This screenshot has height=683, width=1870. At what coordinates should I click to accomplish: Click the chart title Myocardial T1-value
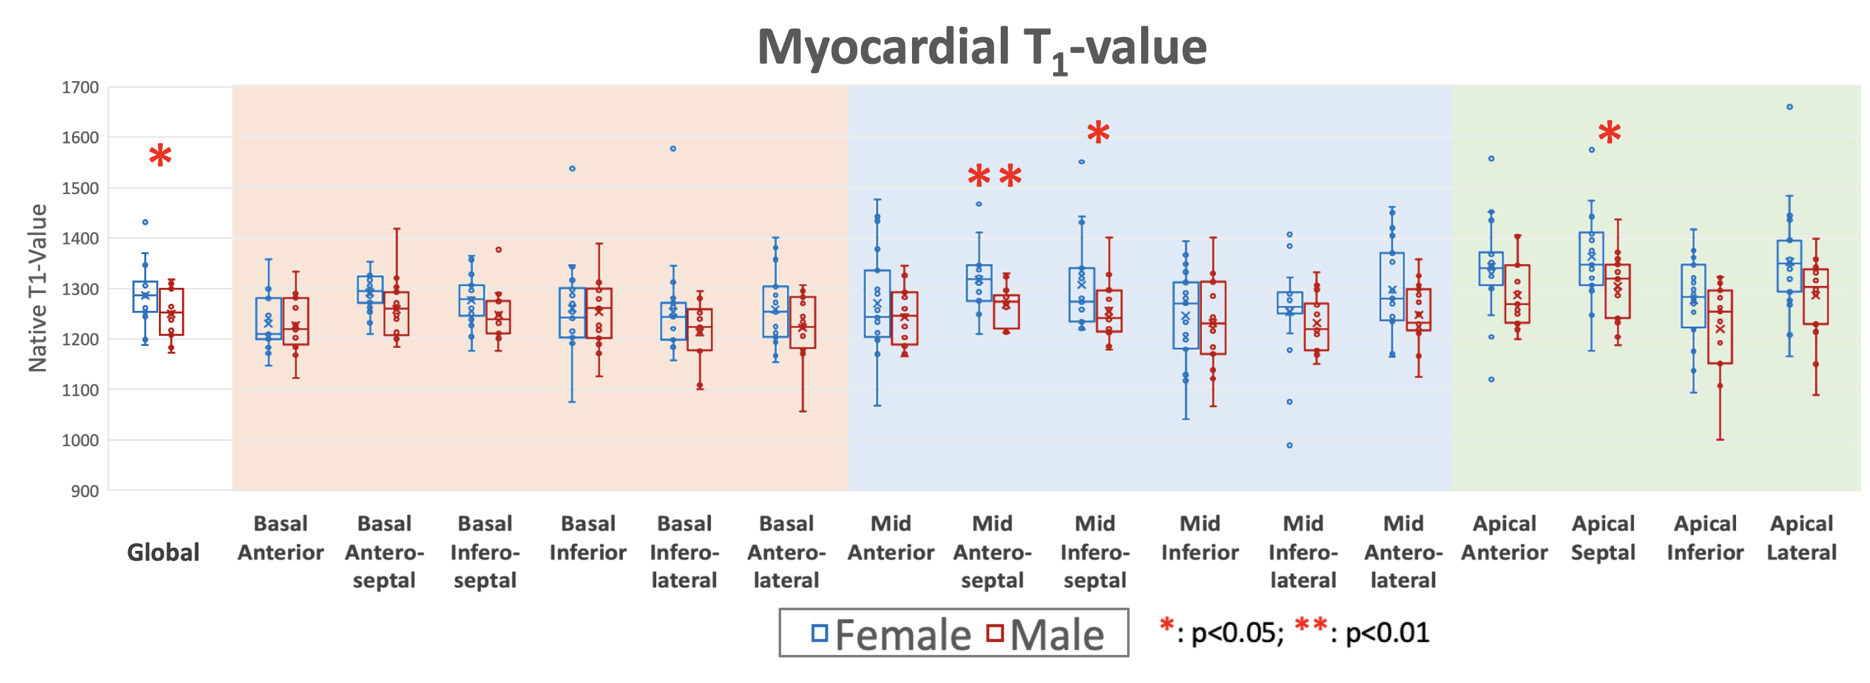click(982, 48)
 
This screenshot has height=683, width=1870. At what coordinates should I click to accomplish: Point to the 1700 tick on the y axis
click(80, 88)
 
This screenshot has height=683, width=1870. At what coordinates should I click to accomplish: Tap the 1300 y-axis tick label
click(80, 289)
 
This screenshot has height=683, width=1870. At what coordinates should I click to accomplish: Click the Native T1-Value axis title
click(37, 288)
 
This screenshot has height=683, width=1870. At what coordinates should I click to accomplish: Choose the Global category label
click(163, 552)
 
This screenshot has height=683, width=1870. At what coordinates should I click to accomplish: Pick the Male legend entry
click(1045, 634)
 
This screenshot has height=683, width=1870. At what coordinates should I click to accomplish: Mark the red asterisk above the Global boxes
click(160, 156)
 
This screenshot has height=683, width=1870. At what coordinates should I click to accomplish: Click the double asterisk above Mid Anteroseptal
click(994, 176)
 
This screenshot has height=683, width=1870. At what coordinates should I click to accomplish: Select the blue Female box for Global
click(145, 297)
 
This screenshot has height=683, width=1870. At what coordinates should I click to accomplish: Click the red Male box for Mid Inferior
click(1213, 318)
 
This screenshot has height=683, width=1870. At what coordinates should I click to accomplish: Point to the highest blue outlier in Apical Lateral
click(1790, 107)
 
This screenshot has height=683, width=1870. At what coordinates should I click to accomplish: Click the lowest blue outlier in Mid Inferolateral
click(1289, 445)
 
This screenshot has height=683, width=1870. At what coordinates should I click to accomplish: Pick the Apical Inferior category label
click(1705, 538)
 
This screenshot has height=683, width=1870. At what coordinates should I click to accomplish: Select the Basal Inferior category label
click(587, 538)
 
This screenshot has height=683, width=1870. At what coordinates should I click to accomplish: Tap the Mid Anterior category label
click(891, 538)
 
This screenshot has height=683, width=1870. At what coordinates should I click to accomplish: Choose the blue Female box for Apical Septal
click(1591, 259)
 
